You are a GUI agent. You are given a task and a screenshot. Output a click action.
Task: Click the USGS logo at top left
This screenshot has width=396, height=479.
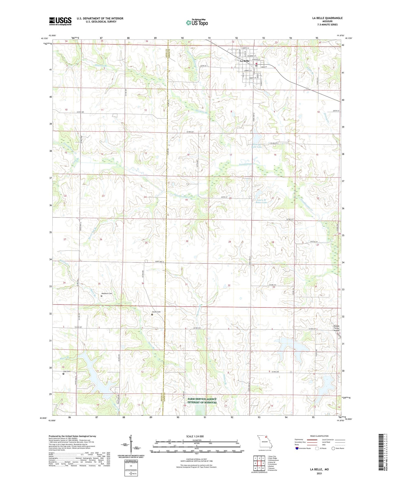[60, 21]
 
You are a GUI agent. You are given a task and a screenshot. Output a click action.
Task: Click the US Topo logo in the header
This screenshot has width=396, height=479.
[197, 22]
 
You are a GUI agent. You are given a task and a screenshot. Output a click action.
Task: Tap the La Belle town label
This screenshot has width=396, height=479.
[244, 61]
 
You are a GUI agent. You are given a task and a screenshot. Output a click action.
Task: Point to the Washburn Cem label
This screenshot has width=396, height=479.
[107, 294]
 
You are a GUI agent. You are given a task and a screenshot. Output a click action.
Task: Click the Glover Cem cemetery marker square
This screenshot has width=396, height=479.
[152, 315]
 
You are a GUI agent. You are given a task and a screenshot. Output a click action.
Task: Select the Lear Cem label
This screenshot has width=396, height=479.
[67, 371]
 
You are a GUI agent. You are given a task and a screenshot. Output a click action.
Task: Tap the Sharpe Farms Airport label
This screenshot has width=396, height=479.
[336, 328]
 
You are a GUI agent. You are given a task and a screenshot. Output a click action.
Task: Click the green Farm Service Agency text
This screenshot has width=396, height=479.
[202, 401]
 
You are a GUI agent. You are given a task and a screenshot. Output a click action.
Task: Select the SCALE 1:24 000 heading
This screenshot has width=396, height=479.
[195, 436]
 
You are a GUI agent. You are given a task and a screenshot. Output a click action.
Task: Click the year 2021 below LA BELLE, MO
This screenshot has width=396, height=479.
[319, 474]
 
